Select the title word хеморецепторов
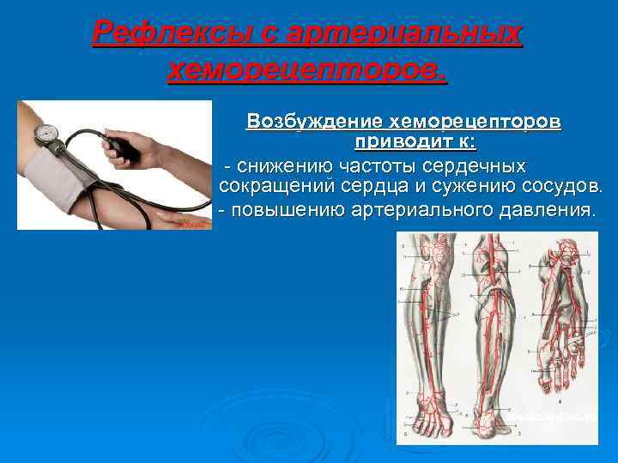click(308, 70)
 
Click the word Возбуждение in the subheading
click(315, 122)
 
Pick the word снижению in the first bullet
click(283, 165)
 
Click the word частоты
click(379, 165)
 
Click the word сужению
click(487, 186)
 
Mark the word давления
click(546, 210)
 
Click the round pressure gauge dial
click(46, 135)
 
